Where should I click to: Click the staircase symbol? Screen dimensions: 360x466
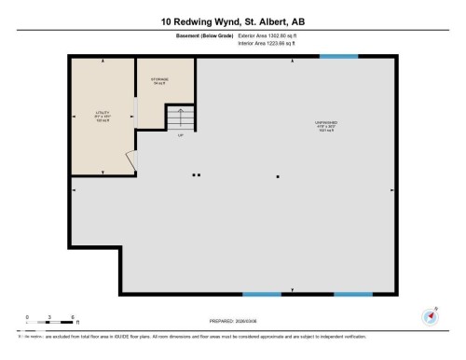pos(180,118)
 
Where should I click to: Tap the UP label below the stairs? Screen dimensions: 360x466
pos(180,135)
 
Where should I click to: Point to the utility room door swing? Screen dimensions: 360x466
pos(131,161)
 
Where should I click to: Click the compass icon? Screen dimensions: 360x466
pos(431,315)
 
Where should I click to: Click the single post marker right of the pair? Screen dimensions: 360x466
pos(277,175)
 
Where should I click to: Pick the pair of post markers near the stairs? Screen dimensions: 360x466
pos(196,174)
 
